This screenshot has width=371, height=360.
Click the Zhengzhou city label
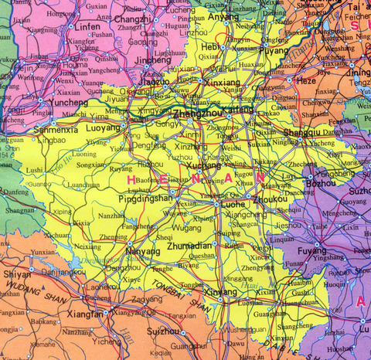coord(196,114)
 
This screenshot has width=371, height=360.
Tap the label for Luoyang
coord(103,126)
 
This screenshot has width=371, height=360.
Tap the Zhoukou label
coord(264,199)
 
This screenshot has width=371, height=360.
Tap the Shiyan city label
coord(17,273)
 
